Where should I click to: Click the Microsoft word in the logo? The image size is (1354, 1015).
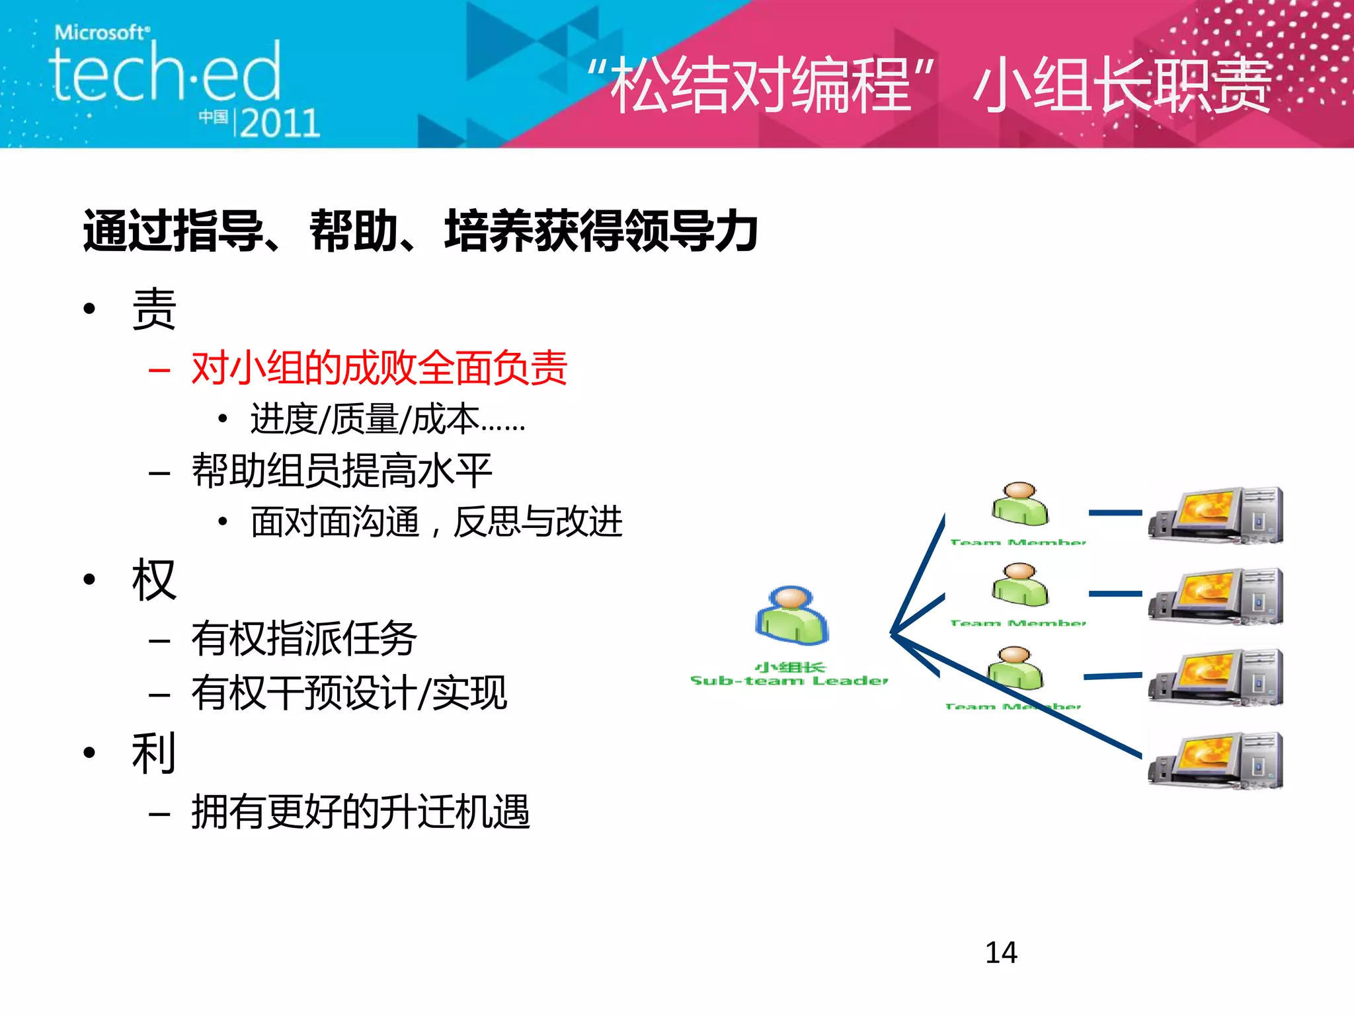coord(102,32)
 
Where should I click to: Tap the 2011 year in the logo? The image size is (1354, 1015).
coord(280,123)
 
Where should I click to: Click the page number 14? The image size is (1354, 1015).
coord(1001,952)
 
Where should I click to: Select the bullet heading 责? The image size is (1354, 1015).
coord(154,309)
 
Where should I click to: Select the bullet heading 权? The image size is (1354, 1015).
coord(154,580)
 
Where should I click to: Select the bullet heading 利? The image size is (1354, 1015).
coord(154,753)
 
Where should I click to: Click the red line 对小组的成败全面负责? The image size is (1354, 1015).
coord(379,367)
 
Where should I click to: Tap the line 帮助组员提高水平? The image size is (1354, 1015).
coord(341,470)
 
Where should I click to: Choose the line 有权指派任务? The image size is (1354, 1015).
coord(303,638)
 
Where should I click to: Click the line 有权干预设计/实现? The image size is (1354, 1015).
coord(348,693)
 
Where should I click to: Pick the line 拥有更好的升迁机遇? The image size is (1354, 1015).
coord(360,811)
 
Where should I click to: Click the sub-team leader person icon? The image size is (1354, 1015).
coord(791,615)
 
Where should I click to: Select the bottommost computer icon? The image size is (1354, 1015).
coord(1215,760)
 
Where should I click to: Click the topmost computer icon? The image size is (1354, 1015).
coord(1215,515)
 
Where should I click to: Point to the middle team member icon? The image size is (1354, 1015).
coord(1020,585)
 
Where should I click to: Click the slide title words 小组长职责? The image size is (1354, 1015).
coord(1121,85)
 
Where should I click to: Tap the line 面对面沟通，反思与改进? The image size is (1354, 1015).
coord(436,521)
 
